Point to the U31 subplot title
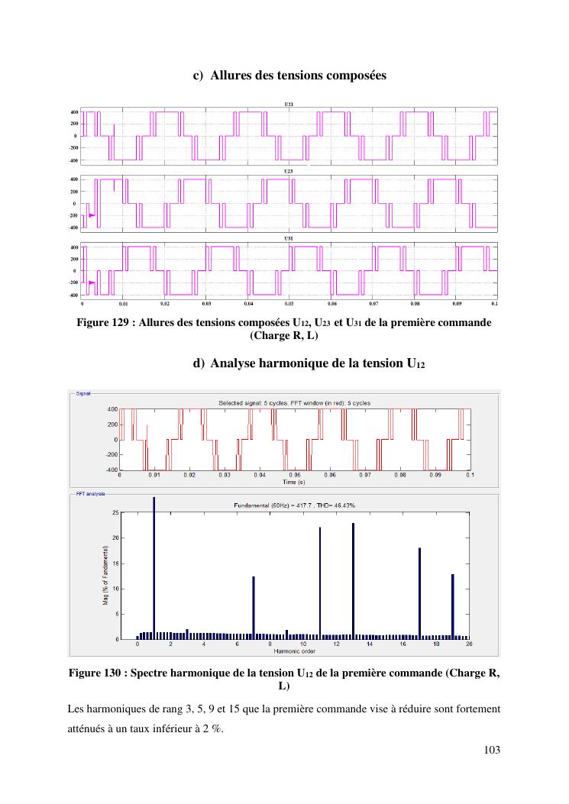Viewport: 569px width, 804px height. (288, 239)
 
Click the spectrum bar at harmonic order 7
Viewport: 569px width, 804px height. (254, 607)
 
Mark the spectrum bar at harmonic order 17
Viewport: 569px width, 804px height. (419, 593)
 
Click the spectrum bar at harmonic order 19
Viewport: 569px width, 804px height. (453, 606)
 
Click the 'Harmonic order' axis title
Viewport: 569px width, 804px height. (295, 651)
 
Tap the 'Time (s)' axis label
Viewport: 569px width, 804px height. (294, 482)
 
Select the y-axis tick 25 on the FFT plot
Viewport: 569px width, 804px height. (115, 513)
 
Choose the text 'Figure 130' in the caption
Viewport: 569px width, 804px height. (95, 673)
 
